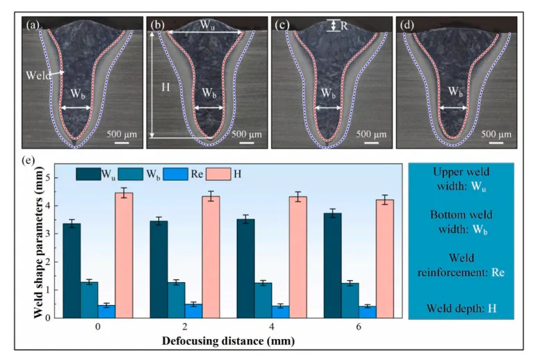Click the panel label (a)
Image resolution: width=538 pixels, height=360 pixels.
[x=33, y=26]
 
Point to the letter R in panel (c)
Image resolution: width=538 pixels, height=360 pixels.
[x=345, y=25]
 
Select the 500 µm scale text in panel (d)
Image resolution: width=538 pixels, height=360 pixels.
[x=493, y=133]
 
